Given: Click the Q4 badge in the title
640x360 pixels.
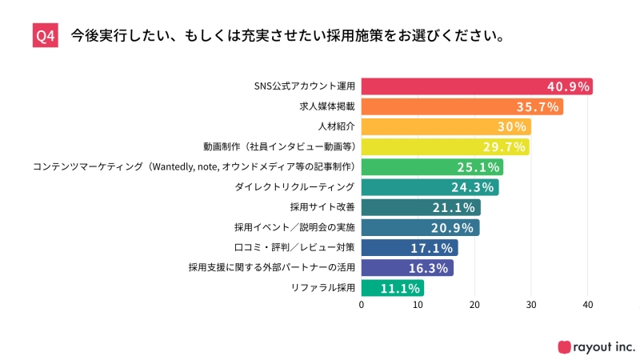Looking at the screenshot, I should point(46,37).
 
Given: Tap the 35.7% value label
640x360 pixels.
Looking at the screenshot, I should point(538,106).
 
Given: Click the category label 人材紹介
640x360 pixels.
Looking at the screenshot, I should point(336,126).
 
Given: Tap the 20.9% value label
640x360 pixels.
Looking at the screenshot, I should point(455,228).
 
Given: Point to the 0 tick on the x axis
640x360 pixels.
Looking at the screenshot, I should point(362,305).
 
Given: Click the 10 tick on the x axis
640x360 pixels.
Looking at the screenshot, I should point(418,305).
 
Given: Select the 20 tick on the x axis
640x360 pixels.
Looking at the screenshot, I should point(475,305).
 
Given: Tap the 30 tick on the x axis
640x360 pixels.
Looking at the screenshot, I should point(531,305).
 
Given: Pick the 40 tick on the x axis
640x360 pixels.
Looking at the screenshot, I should point(588,305).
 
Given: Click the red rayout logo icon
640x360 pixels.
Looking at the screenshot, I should point(565,346).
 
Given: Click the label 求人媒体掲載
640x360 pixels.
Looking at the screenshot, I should point(330,106).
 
